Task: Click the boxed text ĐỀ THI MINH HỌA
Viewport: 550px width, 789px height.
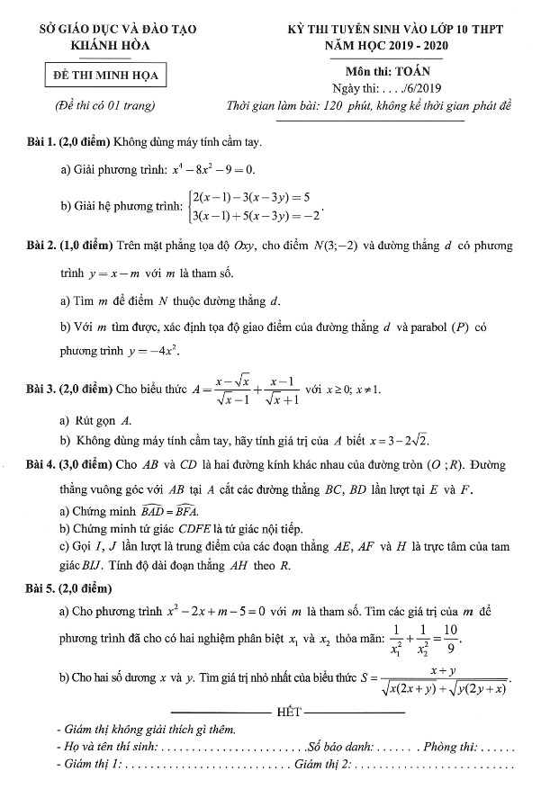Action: [106, 75]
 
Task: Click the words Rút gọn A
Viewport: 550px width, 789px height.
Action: [104, 420]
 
